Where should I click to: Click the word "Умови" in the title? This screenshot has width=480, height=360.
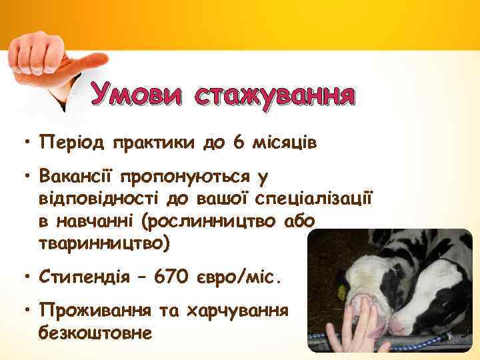coord(138,95)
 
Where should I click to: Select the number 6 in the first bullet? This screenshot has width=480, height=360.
coord(238,143)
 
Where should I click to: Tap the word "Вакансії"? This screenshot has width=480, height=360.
coord(77,178)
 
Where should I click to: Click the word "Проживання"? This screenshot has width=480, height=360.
coord(90,310)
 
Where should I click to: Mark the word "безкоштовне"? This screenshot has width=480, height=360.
coord(96,331)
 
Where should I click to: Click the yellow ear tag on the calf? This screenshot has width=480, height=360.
coord(342,293)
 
